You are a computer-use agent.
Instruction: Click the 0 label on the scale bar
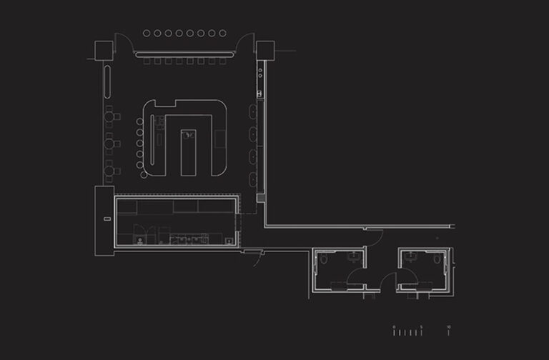394,326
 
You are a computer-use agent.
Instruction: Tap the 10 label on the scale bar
448,326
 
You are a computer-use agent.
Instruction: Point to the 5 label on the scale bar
421,326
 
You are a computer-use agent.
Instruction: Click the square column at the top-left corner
104,50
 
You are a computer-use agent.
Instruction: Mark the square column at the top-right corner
266,50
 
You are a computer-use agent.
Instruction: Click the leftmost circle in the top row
147,33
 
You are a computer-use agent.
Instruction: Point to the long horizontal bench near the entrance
184,54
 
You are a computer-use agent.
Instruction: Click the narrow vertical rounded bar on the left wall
107,81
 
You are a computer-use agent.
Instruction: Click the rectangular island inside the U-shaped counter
188,151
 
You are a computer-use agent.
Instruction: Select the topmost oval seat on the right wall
253,111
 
